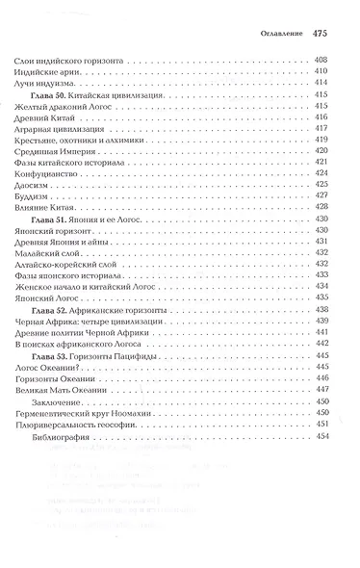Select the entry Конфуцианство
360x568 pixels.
click(48, 176)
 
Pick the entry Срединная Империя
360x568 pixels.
click(55, 151)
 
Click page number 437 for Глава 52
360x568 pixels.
click(323, 316)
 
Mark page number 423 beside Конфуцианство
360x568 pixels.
click(323, 176)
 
